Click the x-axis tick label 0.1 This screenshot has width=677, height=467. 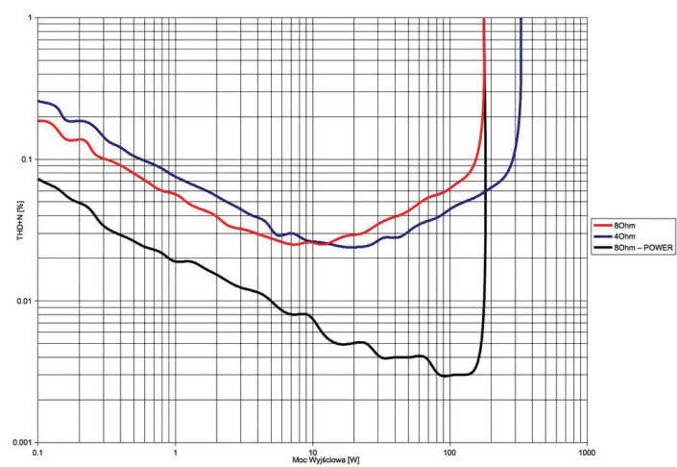coord(37,451)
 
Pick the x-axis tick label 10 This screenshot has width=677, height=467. coord(311,451)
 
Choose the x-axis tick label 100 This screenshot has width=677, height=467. coord(447,451)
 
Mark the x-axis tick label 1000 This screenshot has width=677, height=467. coord(584,451)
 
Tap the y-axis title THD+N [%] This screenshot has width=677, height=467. coord(8,231)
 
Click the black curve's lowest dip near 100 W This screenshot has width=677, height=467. coord(446,376)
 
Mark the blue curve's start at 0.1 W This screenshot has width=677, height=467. coord(38,101)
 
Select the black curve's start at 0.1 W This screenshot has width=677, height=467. coord(38,179)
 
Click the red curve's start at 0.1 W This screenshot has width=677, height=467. coord(38,121)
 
